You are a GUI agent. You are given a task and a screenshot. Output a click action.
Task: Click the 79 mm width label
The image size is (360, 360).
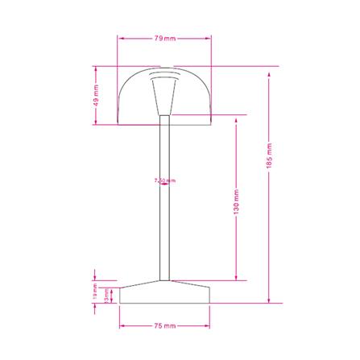164,38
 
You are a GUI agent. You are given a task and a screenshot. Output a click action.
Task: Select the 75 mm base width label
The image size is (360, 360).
164,326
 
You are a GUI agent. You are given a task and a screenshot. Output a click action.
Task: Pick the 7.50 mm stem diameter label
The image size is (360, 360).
164,181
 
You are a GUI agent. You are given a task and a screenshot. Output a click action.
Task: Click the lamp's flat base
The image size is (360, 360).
164,293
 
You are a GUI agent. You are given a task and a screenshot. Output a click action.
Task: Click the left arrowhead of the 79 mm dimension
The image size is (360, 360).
121,38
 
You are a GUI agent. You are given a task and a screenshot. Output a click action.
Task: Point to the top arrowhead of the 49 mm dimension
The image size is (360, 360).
96,70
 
